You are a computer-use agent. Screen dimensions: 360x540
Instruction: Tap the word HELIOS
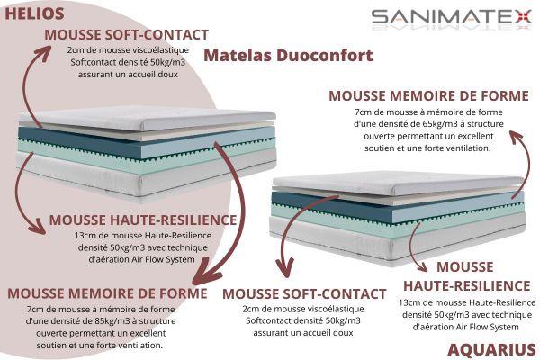pos(35,13)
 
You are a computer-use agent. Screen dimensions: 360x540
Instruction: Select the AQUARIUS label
pos(491,348)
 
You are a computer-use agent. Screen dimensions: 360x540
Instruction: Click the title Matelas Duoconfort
pos(288,55)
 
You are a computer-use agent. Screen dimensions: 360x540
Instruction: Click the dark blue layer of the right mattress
pos(378,206)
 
